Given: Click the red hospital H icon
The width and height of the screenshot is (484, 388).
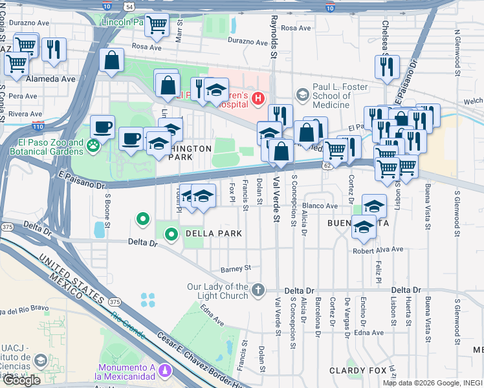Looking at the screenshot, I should coord(258,99).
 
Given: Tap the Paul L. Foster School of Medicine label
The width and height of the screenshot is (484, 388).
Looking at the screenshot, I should coord(331,96).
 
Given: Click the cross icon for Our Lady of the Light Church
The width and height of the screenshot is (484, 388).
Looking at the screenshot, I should coord(258,290).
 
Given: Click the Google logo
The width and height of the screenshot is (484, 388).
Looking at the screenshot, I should coord(21,380).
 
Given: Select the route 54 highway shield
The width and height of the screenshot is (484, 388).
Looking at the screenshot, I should coord(129,6).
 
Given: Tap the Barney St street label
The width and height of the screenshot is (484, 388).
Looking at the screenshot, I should coord(234,268).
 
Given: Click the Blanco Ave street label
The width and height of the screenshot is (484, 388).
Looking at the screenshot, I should coord(320,206).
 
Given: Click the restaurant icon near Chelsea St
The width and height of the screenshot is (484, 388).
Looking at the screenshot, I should coord(386,66).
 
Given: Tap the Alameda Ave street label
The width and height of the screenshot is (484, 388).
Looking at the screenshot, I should coord(51,79).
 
